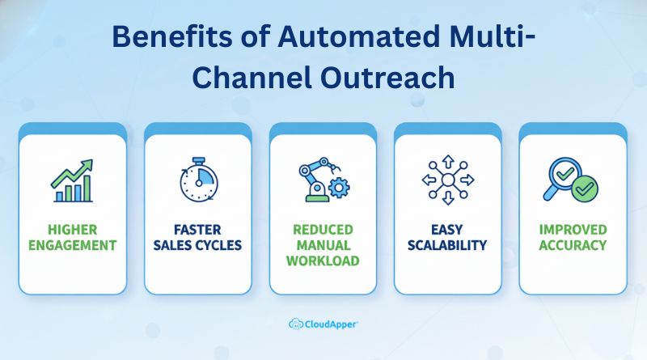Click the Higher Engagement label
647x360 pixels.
pos(72,237)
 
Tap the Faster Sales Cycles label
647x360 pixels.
pos(197,237)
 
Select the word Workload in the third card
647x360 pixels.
pos(323,260)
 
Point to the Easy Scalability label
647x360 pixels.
pos(448,237)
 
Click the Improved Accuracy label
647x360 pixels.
pos(573,237)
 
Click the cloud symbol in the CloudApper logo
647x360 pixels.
pos(296,324)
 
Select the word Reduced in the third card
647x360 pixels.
pos(323,230)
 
